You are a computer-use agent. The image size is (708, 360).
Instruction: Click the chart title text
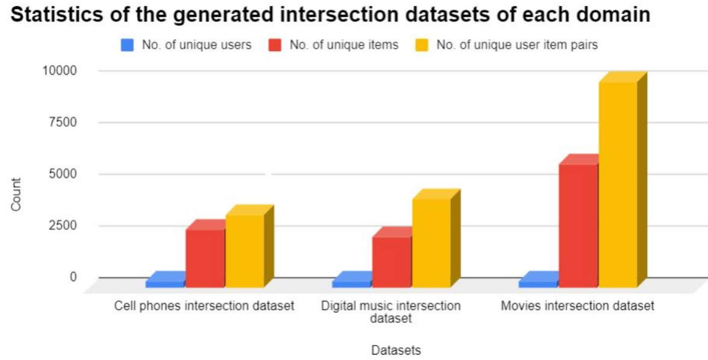331,14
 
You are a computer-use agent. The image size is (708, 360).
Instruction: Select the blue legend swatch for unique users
128,45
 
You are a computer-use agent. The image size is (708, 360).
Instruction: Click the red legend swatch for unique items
275,45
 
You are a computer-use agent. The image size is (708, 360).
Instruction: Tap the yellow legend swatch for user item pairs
421,45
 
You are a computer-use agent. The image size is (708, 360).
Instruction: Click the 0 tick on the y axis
73,277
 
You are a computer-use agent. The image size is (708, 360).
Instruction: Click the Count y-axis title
16,194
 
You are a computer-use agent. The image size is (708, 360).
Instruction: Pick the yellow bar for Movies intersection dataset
618,184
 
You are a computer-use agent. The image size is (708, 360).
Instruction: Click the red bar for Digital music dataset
391,261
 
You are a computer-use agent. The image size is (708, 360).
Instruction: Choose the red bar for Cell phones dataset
205,258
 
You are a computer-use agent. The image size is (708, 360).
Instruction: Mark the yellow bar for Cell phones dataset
244,250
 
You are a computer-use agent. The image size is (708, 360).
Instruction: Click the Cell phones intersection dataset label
204,306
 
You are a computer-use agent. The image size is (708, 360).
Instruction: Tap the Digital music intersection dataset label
391,312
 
